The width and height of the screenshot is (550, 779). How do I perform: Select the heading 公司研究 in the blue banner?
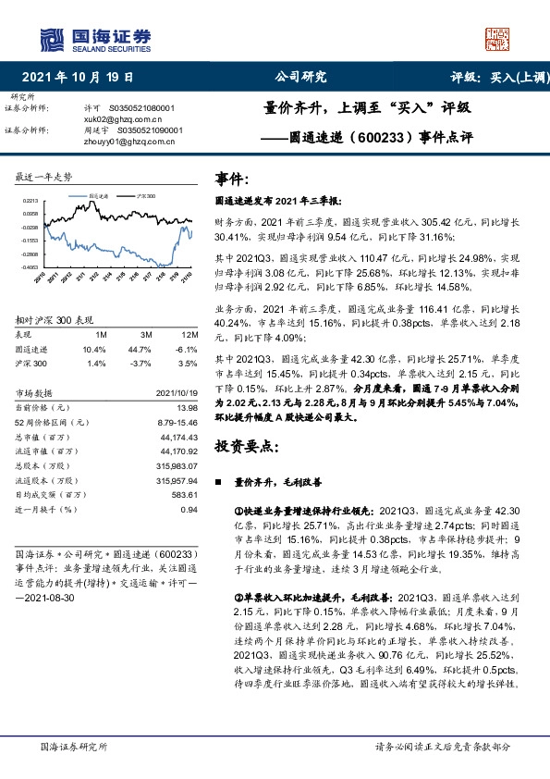coord(301,78)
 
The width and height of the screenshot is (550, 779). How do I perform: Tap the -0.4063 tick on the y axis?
coord(30,266)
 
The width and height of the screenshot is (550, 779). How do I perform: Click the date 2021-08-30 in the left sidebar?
coord(56,599)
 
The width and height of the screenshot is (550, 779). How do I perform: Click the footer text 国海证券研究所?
coord(75,746)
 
